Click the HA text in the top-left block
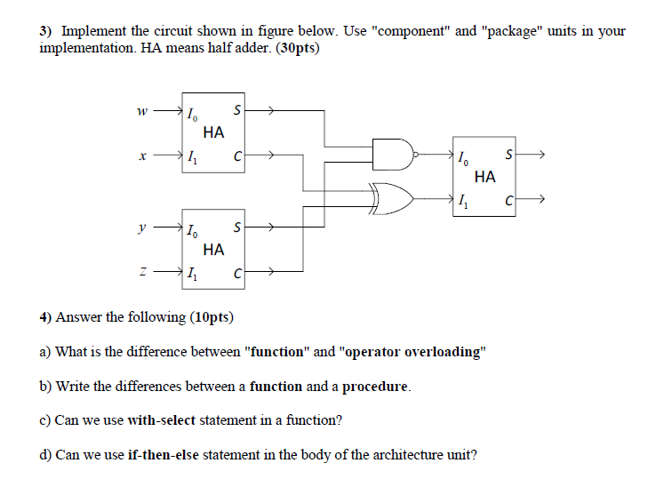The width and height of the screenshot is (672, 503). click(213, 133)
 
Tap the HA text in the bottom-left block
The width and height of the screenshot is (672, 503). click(213, 250)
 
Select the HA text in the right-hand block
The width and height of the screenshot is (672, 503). click(485, 176)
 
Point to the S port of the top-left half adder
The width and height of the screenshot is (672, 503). click(236, 110)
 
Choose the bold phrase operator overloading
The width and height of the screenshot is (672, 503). click(412, 351)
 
